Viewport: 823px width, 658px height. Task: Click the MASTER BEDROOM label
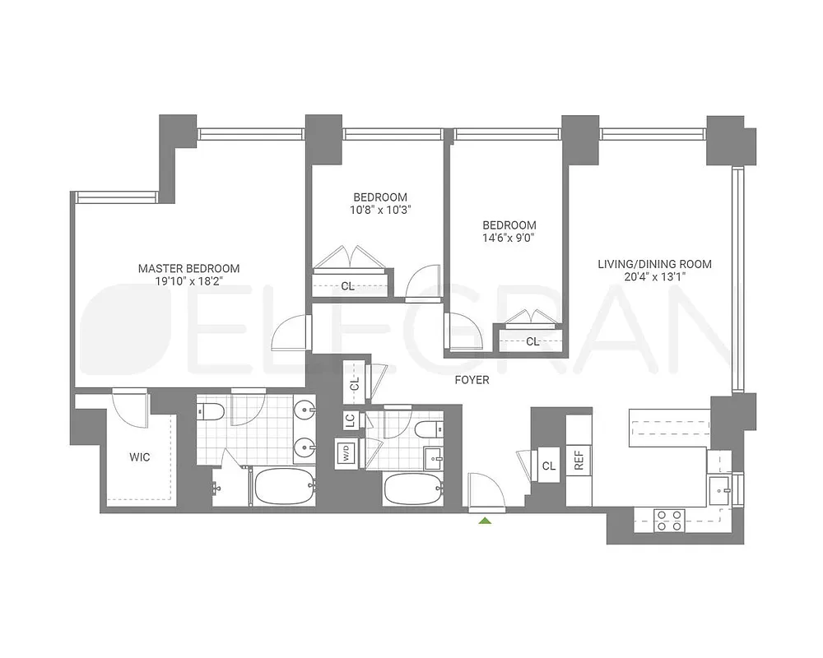pos(188,268)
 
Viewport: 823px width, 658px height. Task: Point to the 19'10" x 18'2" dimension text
pos(188,281)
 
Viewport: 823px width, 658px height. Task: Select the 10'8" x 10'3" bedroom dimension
pos(380,210)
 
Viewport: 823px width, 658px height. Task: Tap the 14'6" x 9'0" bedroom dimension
pos(509,239)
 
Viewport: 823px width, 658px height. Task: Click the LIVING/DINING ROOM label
pos(654,264)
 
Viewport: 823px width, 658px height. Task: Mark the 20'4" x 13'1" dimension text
pos(654,277)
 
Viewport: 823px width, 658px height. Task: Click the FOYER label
pos(472,380)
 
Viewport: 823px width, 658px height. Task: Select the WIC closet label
pos(139,457)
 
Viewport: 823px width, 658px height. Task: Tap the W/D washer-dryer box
pos(344,452)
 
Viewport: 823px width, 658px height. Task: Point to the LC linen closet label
pos(350,420)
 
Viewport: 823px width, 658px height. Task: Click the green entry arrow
pos(485,520)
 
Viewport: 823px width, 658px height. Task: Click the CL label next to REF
pos(549,466)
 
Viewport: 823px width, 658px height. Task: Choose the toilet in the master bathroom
pos(209,411)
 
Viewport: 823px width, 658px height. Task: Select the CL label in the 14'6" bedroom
pos(532,341)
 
